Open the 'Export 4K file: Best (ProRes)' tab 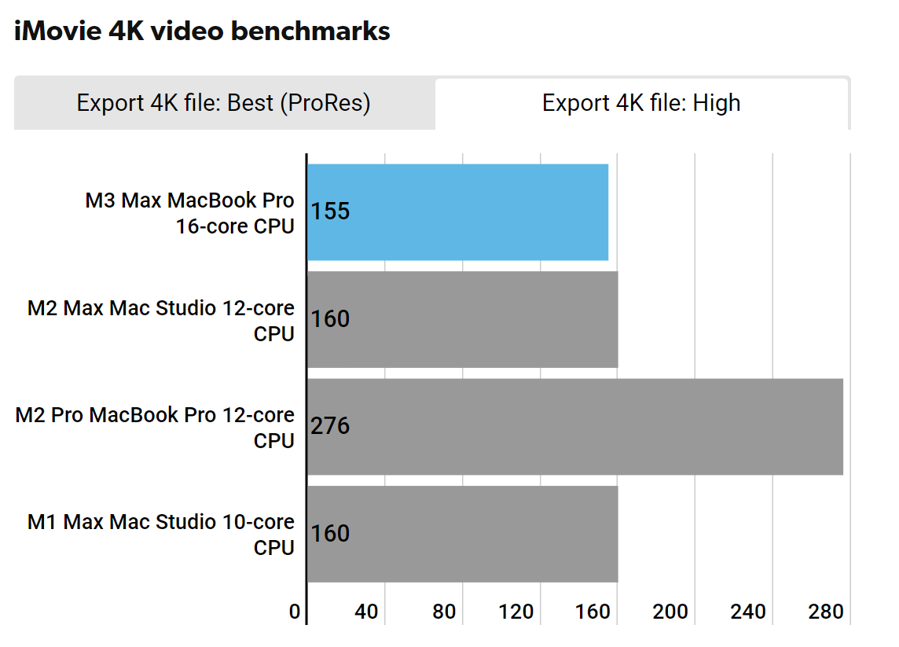click(x=223, y=103)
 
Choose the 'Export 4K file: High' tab click(x=641, y=103)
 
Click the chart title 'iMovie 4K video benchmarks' click(x=202, y=31)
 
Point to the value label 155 click(x=330, y=211)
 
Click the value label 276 click(x=330, y=426)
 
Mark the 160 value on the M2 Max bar click(x=330, y=319)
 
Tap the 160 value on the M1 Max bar click(x=330, y=534)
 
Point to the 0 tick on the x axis click(x=295, y=612)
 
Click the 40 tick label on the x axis click(x=366, y=612)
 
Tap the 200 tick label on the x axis click(x=670, y=612)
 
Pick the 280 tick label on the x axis click(x=825, y=612)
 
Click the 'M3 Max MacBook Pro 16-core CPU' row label click(x=189, y=213)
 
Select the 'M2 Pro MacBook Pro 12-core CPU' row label click(x=155, y=428)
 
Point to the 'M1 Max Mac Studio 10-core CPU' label click(x=161, y=535)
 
